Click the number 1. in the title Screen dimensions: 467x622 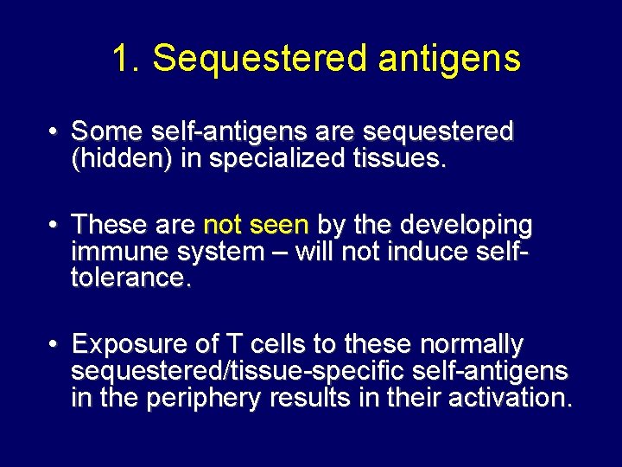tap(126, 59)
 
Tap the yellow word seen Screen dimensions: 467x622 tap(278, 226)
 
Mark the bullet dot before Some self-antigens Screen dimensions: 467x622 tap(54, 132)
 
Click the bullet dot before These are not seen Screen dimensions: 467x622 tap(54, 226)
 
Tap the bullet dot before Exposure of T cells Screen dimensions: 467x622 tap(54, 345)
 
